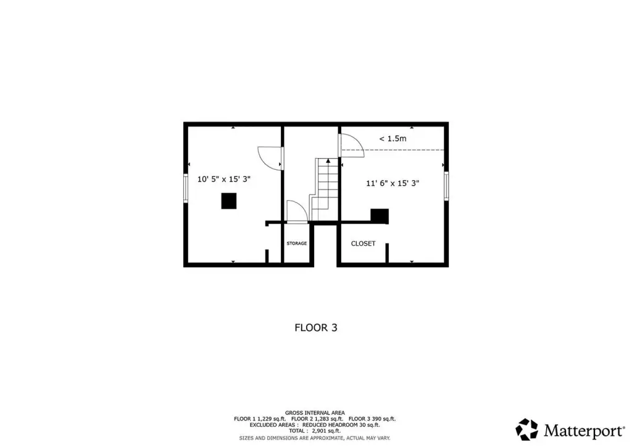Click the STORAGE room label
pyautogui.click(x=297, y=243)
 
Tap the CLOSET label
pyautogui.click(x=363, y=243)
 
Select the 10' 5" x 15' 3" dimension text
pyautogui.click(x=223, y=179)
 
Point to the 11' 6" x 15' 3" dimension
pyautogui.click(x=393, y=183)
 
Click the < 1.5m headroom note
pyautogui.click(x=393, y=139)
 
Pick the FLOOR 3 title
pyautogui.click(x=316, y=328)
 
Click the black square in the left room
pyautogui.click(x=229, y=201)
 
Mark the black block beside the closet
pyautogui.click(x=380, y=216)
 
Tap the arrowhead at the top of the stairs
pyautogui.click(x=328, y=161)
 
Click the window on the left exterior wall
pyautogui.click(x=186, y=188)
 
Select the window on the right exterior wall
pyautogui.click(x=446, y=186)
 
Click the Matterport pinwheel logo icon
pyautogui.click(x=527, y=430)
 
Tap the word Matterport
pyautogui.click(x=584, y=431)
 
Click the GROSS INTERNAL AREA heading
pyautogui.click(x=315, y=413)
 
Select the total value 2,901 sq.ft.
pyautogui.click(x=326, y=431)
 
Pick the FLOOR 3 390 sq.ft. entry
pyautogui.click(x=372, y=419)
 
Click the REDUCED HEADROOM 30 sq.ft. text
pyautogui.click(x=341, y=425)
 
